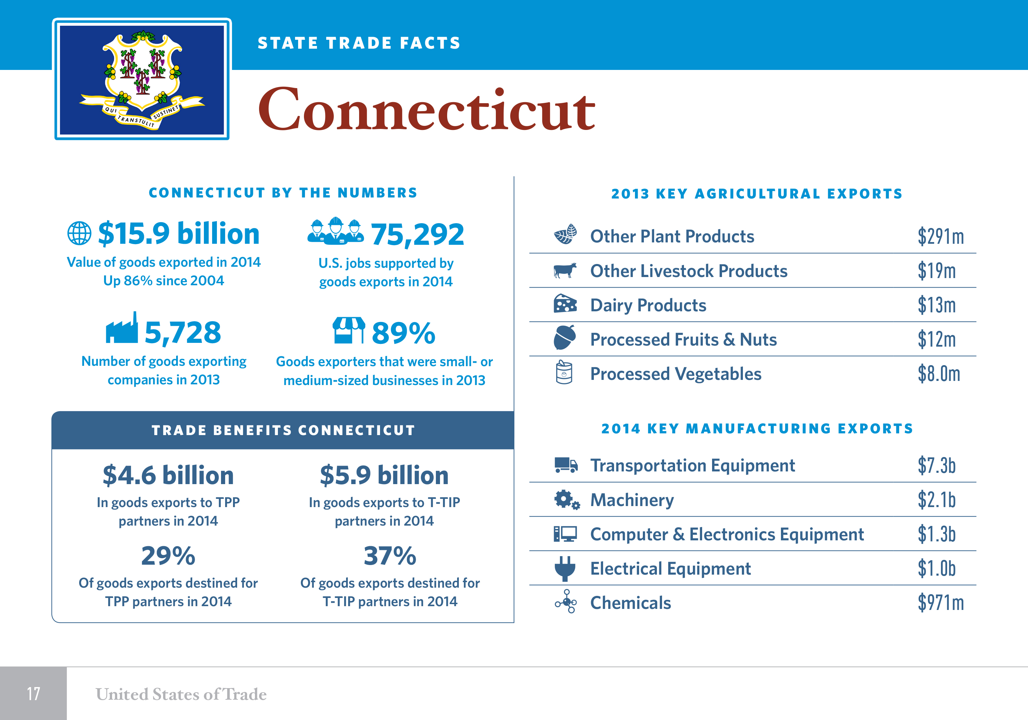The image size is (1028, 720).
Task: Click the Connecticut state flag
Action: pyautogui.click(x=142, y=79)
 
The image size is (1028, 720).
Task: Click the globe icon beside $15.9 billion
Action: pyautogui.click(x=79, y=233)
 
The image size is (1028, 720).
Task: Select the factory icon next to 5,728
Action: pyautogui.click(x=122, y=329)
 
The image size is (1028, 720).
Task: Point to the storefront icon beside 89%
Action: pyautogui.click(x=348, y=330)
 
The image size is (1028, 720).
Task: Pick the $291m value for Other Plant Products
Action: pyautogui.click(x=941, y=236)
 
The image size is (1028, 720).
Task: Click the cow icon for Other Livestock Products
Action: pyautogui.click(x=565, y=270)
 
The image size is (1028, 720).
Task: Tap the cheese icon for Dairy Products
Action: pyautogui.click(x=565, y=304)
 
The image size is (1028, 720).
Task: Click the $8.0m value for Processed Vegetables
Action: pyautogui.click(x=939, y=374)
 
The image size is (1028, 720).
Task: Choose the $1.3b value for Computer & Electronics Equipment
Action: pyautogui.click(x=937, y=534)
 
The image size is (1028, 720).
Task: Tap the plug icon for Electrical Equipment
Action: pyautogui.click(x=565, y=568)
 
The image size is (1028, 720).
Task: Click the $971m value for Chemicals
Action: pyautogui.click(x=941, y=603)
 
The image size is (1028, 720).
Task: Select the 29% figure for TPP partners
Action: pyautogui.click(x=168, y=556)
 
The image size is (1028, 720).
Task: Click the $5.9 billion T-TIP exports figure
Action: pyautogui.click(x=384, y=475)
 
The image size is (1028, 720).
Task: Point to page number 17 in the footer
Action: pyautogui.click(x=34, y=694)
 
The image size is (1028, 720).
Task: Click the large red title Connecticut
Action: pyautogui.click(x=426, y=110)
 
